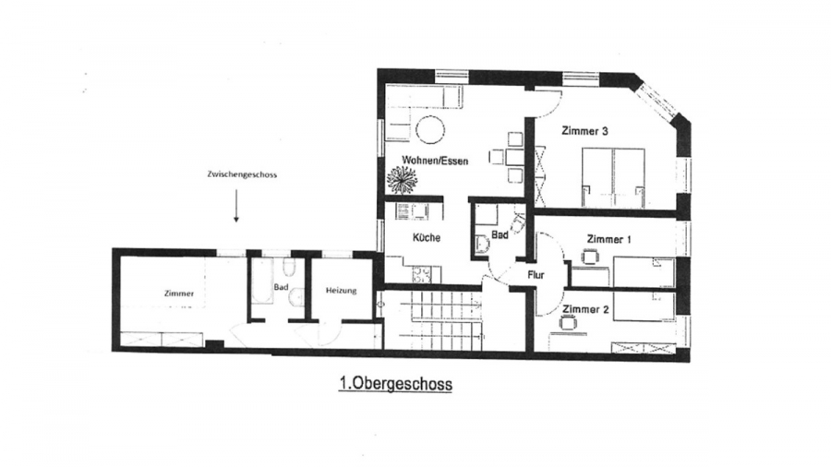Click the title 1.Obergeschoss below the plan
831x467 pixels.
[395, 384]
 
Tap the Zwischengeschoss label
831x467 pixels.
[242, 174]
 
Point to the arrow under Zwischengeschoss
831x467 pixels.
[236, 206]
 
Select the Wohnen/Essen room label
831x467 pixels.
[435, 160]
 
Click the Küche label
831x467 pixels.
[427, 238]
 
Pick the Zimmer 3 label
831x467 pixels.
[584, 131]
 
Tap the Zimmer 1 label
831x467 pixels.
[609, 239]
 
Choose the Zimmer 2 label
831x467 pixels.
[585, 309]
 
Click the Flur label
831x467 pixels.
[536, 275]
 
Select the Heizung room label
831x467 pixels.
[342, 290]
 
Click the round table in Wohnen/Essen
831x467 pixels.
[430, 128]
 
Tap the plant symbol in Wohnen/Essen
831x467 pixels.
[403, 179]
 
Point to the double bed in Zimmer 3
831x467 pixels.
[614, 177]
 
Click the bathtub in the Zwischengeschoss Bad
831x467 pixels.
[261, 281]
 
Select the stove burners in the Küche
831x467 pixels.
[422, 274]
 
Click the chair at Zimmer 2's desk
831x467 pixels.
[568, 321]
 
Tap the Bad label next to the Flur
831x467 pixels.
[500, 234]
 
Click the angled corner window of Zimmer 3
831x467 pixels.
[657, 102]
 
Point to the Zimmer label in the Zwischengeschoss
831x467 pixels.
[179, 293]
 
